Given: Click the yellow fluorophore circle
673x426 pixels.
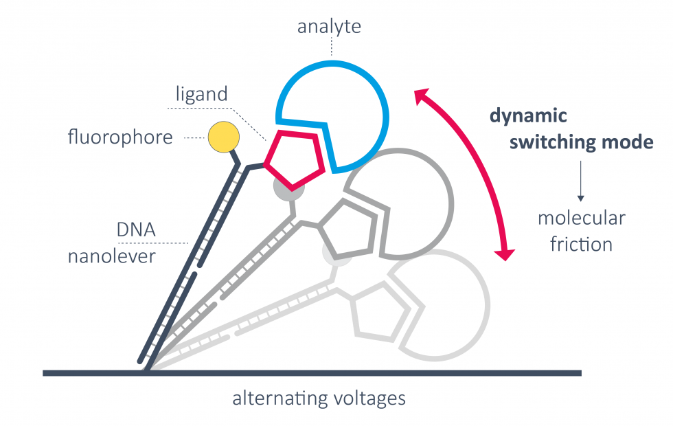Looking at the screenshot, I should click(223, 137).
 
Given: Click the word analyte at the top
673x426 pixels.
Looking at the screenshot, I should click(329, 27).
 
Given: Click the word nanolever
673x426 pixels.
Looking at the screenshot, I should click(112, 256).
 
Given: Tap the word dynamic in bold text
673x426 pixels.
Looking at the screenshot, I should click(528, 115).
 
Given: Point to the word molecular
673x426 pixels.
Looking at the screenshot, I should click(581, 218).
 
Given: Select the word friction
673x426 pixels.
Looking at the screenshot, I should click(581, 244).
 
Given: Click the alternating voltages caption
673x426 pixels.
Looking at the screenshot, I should click(319, 398).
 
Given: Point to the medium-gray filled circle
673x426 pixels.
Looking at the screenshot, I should click(285, 187).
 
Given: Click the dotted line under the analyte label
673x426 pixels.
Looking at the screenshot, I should click(331, 46).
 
